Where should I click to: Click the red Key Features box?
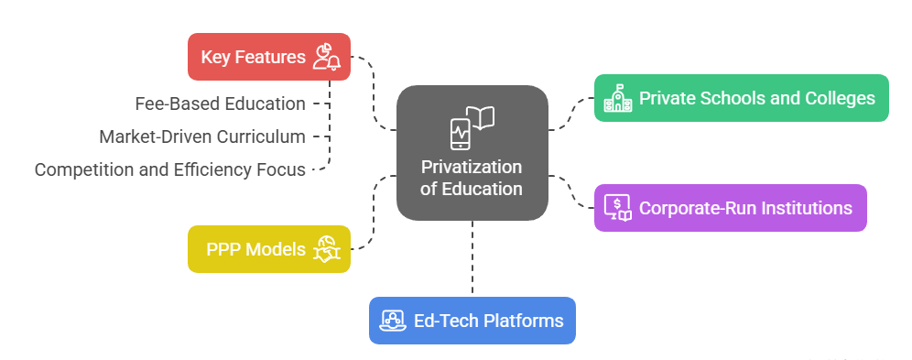click(x=268, y=57)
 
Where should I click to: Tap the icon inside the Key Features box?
click(x=326, y=57)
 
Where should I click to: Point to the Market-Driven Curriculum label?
click(x=201, y=136)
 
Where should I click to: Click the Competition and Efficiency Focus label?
click(x=169, y=169)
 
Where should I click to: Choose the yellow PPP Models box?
click(x=268, y=249)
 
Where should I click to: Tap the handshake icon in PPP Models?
click(x=327, y=249)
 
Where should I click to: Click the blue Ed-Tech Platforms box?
click(x=472, y=321)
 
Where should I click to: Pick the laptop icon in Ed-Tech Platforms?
click(x=394, y=321)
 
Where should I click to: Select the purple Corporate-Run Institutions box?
click(x=730, y=208)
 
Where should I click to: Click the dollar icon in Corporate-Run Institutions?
click(x=618, y=208)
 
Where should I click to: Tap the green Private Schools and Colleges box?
click(x=741, y=98)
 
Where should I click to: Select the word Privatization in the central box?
click(x=472, y=168)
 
